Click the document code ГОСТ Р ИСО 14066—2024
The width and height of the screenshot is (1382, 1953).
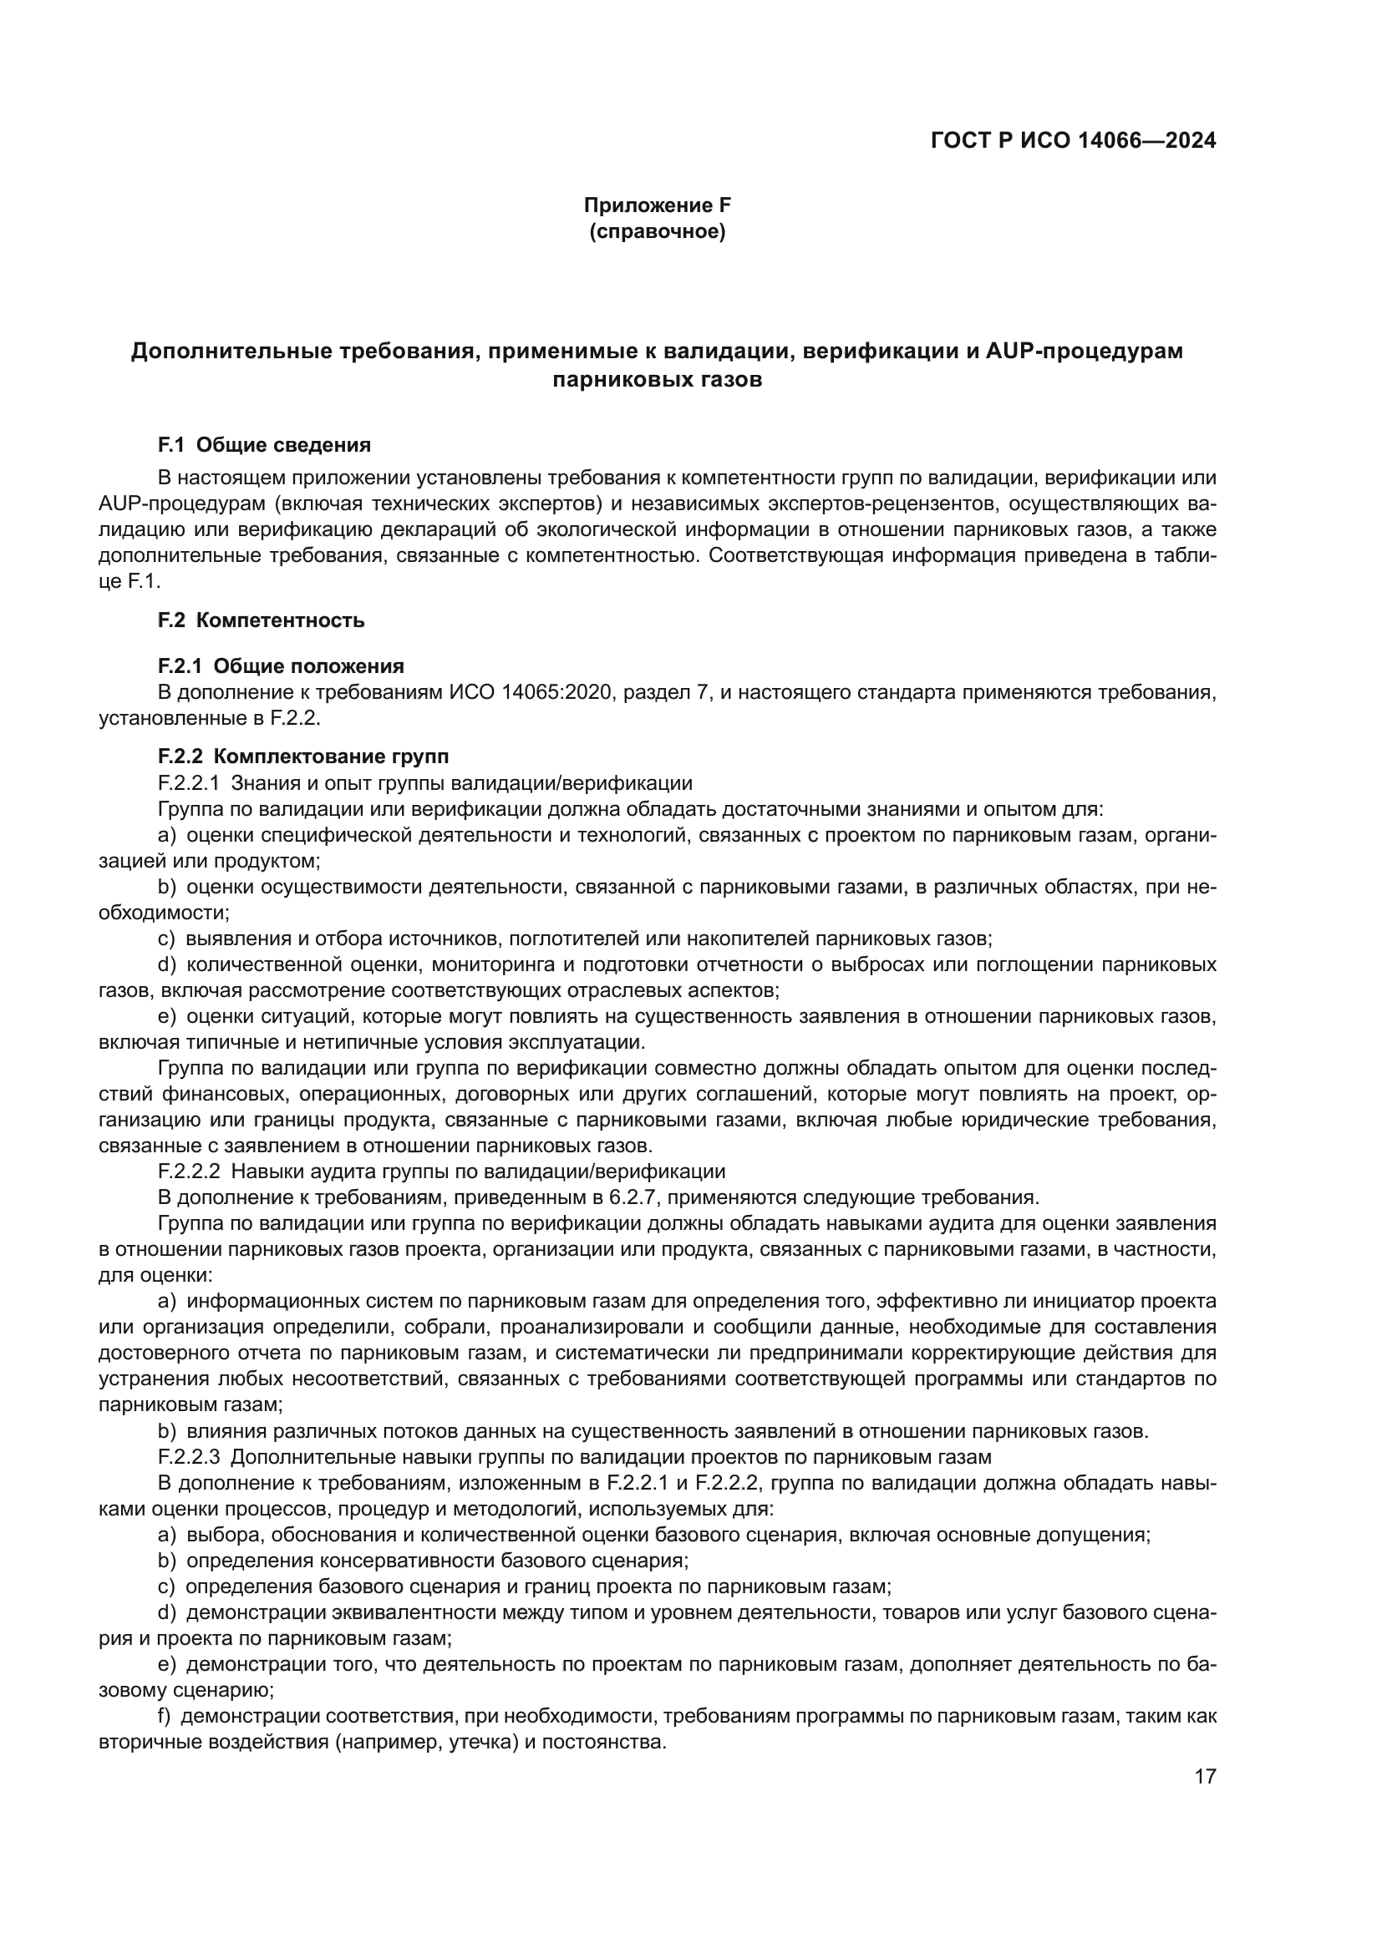[x=1073, y=141]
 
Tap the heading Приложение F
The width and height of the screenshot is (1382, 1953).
[x=656, y=205]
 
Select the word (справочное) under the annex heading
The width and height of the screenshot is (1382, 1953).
[x=657, y=231]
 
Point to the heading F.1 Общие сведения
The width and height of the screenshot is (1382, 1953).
[x=265, y=445]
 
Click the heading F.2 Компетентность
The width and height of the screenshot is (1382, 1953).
[x=262, y=620]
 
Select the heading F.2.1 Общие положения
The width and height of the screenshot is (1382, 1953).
[x=281, y=666]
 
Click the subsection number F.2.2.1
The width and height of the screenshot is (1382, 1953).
[x=189, y=782]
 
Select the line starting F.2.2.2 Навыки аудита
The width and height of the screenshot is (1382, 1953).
[x=441, y=1171]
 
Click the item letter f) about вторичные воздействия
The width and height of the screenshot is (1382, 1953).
[x=165, y=1717]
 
